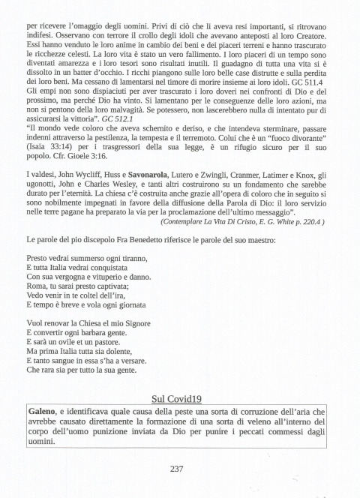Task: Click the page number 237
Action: tap(177, 469)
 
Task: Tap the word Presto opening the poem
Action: tap(40, 257)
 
